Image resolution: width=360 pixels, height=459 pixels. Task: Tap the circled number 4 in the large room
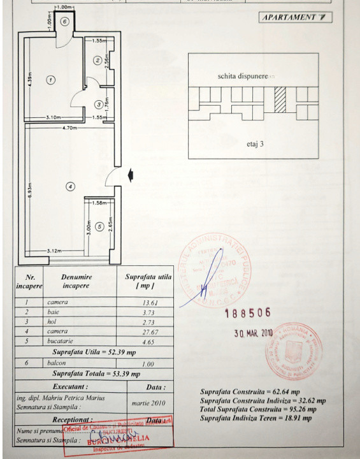pyautogui.click(x=71, y=187)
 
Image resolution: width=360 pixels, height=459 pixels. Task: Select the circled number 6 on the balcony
pyautogui.click(x=65, y=21)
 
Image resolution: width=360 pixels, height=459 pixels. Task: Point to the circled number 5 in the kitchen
pyautogui.click(x=99, y=226)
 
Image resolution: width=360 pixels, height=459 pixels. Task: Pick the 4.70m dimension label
pyautogui.click(x=70, y=128)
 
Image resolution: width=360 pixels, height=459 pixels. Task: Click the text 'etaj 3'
pyautogui.click(x=255, y=144)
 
